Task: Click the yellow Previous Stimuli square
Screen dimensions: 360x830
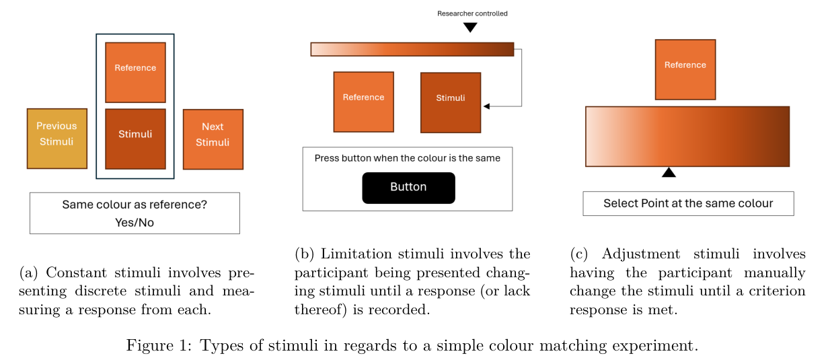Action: [57, 139]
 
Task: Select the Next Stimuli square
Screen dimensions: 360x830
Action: [213, 139]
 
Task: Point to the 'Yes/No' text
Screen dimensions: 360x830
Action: [135, 222]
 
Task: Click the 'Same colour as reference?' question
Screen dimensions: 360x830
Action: [135, 205]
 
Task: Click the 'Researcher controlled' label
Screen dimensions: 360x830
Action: [472, 13]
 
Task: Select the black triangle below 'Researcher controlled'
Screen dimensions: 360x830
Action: [470, 28]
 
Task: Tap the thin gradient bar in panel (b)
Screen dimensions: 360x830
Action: [412, 49]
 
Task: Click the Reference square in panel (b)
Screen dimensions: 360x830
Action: [363, 102]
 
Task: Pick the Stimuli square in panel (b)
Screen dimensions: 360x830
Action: [451, 102]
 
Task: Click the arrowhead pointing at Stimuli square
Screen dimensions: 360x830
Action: [487, 106]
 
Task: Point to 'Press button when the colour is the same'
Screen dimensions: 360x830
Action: [408, 158]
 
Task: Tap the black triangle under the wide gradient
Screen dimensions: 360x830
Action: [669, 173]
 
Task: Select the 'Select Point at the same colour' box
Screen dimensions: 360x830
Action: [688, 203]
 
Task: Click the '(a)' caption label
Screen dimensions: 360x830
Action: [29, 273]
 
